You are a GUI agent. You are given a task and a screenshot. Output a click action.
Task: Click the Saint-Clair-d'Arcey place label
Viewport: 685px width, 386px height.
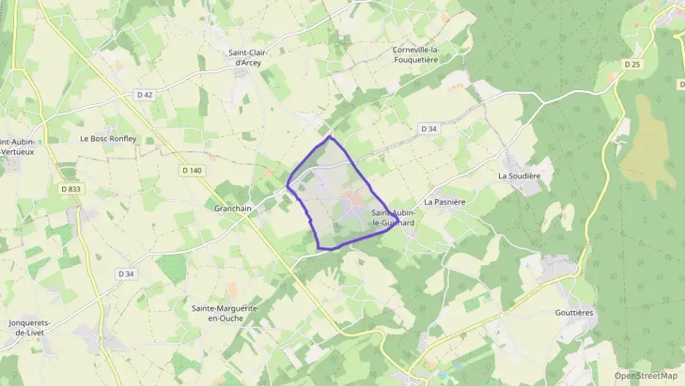point(248,57)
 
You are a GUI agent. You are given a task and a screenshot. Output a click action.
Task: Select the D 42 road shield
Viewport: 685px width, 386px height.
point(145,94)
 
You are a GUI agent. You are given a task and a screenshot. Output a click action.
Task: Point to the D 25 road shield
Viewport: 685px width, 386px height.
point(632,64)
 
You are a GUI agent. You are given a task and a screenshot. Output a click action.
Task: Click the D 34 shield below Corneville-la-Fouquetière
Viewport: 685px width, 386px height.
point(429,129)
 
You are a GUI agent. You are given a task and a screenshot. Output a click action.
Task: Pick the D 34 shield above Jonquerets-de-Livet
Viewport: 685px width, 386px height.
point(127,273)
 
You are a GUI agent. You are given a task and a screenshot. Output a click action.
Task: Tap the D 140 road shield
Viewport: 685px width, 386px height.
point(190,170)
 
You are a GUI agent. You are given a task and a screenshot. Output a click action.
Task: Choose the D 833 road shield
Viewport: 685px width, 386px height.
point(71,189)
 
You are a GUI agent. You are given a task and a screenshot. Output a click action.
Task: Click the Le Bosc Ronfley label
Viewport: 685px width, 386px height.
point(108,138)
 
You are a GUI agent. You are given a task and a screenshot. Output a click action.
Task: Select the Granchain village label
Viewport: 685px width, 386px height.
point(233,208)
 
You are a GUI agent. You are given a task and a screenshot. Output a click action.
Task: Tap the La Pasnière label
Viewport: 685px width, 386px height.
point(445,201)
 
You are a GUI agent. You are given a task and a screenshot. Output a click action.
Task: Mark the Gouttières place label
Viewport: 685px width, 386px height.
point(574,313)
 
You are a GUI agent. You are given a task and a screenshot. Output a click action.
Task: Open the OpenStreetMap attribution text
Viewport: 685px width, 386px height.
point(646,376)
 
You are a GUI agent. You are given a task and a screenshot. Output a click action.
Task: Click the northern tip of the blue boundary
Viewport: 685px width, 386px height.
point(329,136)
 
